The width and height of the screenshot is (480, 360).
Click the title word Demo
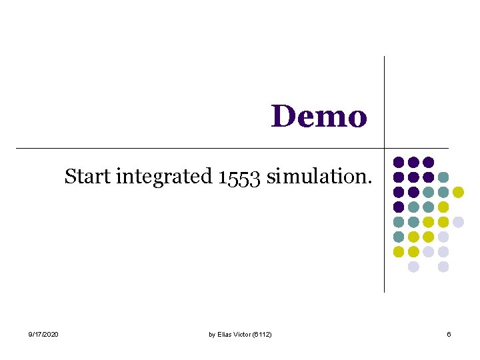coord(319,116)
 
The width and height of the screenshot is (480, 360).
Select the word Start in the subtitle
coord(89,177)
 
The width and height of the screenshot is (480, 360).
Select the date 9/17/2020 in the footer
coord(43,334)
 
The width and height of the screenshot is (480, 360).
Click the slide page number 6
coord(449,334)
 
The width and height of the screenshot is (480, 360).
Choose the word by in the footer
coord(212,334)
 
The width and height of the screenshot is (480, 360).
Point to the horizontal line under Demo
coord(200,147)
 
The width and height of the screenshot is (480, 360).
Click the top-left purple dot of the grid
coord(399,162)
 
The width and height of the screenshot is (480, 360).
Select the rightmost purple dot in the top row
coord(429,162)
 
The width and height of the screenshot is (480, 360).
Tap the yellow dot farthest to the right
coord(458,192)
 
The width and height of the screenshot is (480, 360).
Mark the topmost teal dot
coord(443,177)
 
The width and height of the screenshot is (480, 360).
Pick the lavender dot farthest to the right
coord(458,222)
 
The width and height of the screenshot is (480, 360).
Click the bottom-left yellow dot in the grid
coord(399,252)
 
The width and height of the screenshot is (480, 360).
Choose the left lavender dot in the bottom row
coord(413,267)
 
